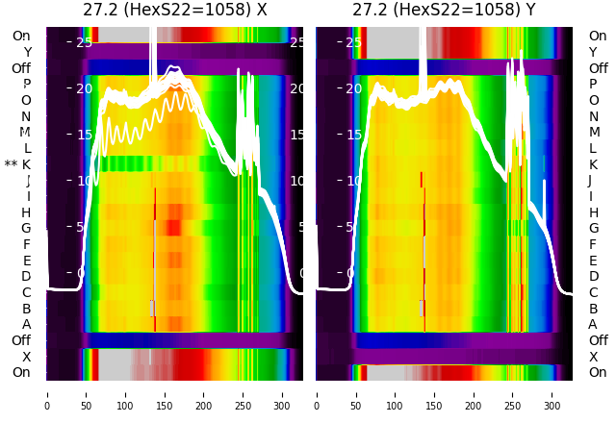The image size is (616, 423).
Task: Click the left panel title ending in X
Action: point(174,11)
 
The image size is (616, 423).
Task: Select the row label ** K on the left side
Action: point(17,164)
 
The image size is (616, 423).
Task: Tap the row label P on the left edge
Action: point(27,84)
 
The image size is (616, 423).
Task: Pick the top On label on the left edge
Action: point(21,36)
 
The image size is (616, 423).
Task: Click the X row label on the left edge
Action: point(27,357)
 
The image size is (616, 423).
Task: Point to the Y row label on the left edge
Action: point(27,52)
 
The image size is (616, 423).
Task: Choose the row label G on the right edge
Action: point(593,228)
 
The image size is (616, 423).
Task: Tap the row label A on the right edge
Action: point(593,324)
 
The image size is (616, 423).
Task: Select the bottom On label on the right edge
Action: point(598,372)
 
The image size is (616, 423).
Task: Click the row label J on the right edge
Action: point(590,180)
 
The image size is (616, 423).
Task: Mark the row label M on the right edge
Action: point(594,132)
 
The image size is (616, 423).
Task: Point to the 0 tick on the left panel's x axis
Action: point(46,393)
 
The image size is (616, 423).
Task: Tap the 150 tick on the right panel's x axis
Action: point(434,393)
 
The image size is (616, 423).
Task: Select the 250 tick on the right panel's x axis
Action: point(513,393)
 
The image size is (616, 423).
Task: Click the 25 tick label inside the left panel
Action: point(84,42)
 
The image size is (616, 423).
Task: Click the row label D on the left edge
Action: point(27,276)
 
